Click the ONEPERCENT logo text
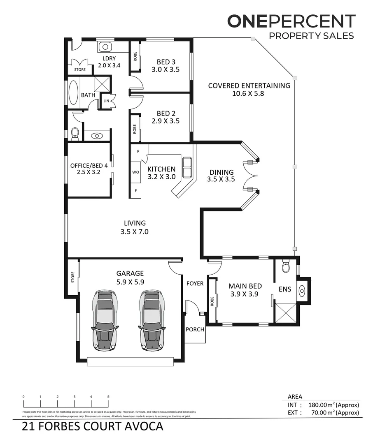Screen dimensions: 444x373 (x=291, y=21)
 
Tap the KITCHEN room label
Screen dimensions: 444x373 (x=161, y=169)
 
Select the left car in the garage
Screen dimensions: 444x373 (x=105, y=320)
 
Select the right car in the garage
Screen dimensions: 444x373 (x=152, y=320)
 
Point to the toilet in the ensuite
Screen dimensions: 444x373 (x=286, y=268)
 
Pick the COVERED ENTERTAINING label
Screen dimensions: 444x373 (x=249, y=86)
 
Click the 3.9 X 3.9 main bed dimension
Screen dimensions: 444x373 (x=245, y=294)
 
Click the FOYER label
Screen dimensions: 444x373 (x=195, y=283)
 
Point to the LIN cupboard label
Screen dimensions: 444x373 (x=106, y=101)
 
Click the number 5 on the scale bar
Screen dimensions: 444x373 (x=108, y=396)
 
